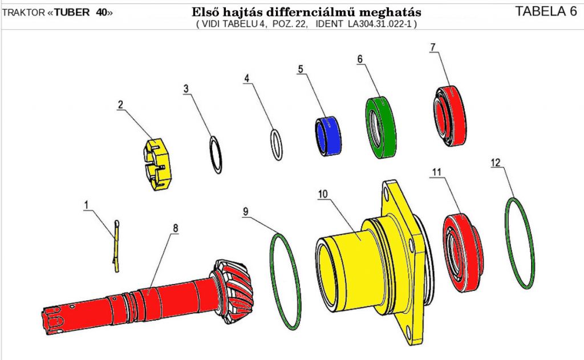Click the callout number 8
[x=176, y=228]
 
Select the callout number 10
[x=323, y=194]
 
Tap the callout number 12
[x=496, y=163]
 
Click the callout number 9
[x=246, y=212]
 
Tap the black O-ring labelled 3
[x=216, y=153]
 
